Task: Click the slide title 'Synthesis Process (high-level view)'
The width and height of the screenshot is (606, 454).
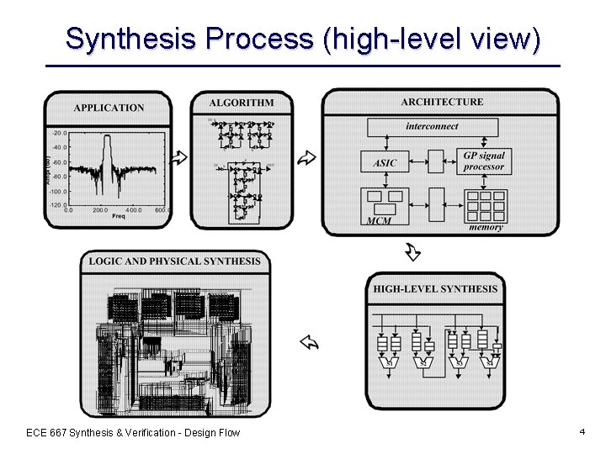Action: click(x=302, y=39)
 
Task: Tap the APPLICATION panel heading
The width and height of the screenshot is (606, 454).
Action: click(x=109, y=108)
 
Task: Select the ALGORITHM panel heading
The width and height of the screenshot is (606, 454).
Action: click(x=242, y=103)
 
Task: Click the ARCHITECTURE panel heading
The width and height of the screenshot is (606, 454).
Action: click(x=442, y=102)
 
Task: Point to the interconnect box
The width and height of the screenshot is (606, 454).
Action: click(x=432, y=127)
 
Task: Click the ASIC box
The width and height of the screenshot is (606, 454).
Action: click(x=385, y=163)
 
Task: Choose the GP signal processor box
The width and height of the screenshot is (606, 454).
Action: click(x=484, y=161)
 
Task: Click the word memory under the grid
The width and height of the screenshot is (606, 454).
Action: click(x=486, y=227)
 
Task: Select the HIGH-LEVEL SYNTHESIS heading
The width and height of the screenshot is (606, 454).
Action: click(x=435, y=289)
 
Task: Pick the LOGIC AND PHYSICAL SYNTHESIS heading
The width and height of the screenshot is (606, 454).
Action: click(x=175, y=261)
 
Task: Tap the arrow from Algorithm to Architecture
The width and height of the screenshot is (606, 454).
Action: click(x=307, y=157)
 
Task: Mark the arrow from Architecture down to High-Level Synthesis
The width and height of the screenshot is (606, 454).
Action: click(x=412, y=251)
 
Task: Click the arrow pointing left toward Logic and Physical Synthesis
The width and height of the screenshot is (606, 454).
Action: click(x=309, y=341)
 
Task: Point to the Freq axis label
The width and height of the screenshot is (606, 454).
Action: click(x=119, y=216)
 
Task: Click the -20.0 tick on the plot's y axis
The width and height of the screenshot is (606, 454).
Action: click(x=59, y=133)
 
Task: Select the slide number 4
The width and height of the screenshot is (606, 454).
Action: click(x=582, y=431)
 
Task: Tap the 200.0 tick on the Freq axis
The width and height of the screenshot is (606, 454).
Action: click(x=100, y=209)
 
